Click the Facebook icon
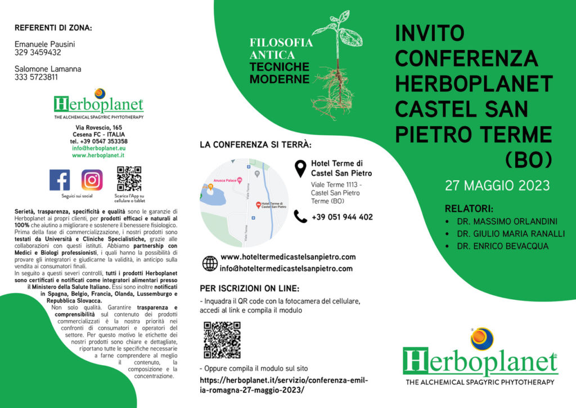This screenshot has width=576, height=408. (x=60, y=180)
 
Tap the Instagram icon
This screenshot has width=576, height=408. (x=92, y=180)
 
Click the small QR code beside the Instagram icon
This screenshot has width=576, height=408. (x=129, y=179)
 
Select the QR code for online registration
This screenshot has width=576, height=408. (x=222, y=340)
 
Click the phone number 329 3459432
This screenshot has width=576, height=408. (x=38, y=52)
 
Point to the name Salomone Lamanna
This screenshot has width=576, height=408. (x=48, y=69)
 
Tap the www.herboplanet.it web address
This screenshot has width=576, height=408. (x=98, y=155)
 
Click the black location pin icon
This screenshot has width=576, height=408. (x=301, y=167)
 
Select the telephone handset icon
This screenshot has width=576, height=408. (x=301, y=216)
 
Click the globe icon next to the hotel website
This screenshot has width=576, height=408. (x=210, y=263)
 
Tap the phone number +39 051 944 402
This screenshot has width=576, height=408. (x=342, y=217)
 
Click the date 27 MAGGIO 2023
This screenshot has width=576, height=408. (x=497, y=185)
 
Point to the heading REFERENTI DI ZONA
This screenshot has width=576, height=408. (x=53, y=28)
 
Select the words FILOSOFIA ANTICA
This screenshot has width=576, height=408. (x=281, y=48)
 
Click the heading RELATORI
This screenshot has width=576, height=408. (x=469, y=207)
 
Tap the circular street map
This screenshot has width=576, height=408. (x=245, y=203)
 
